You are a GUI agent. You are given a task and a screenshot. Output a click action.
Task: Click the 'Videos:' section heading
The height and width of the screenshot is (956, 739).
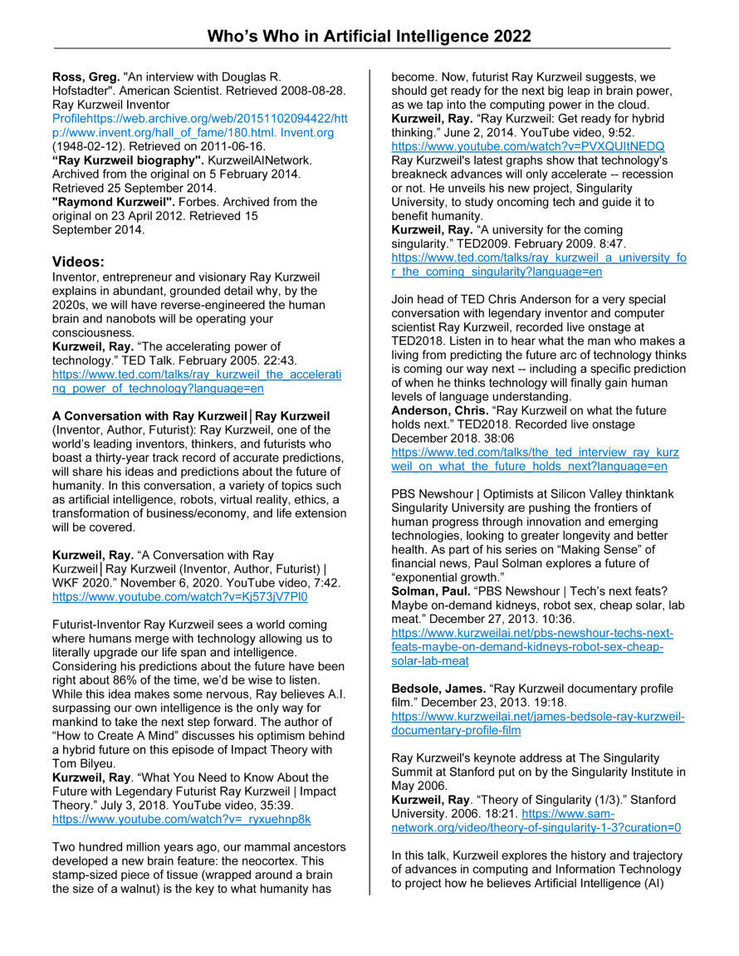[x=78, y=262]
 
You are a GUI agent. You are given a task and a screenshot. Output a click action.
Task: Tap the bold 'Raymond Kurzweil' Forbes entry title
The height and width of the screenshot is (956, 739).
[x=112, y=202]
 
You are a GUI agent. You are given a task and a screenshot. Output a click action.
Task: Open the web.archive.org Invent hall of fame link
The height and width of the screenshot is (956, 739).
[x=199, y=125]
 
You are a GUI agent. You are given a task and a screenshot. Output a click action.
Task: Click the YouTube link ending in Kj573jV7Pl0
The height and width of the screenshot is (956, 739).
[x=179, y=596]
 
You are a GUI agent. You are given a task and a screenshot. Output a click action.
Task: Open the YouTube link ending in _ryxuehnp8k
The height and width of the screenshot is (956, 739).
[x=181, y=818]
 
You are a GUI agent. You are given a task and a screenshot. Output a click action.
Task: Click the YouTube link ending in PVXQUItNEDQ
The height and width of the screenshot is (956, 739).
[x=527, y=146]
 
